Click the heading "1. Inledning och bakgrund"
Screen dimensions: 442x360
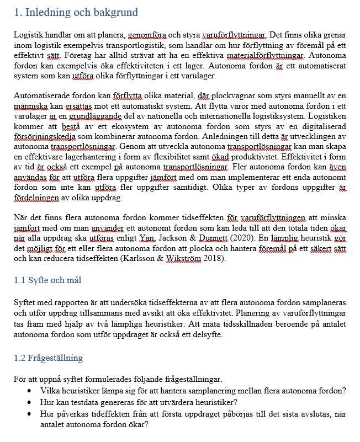(x=76, y=12)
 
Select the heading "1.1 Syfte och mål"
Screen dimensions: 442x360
(x=47, y=281)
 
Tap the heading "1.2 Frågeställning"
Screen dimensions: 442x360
(x=49, y=358)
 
